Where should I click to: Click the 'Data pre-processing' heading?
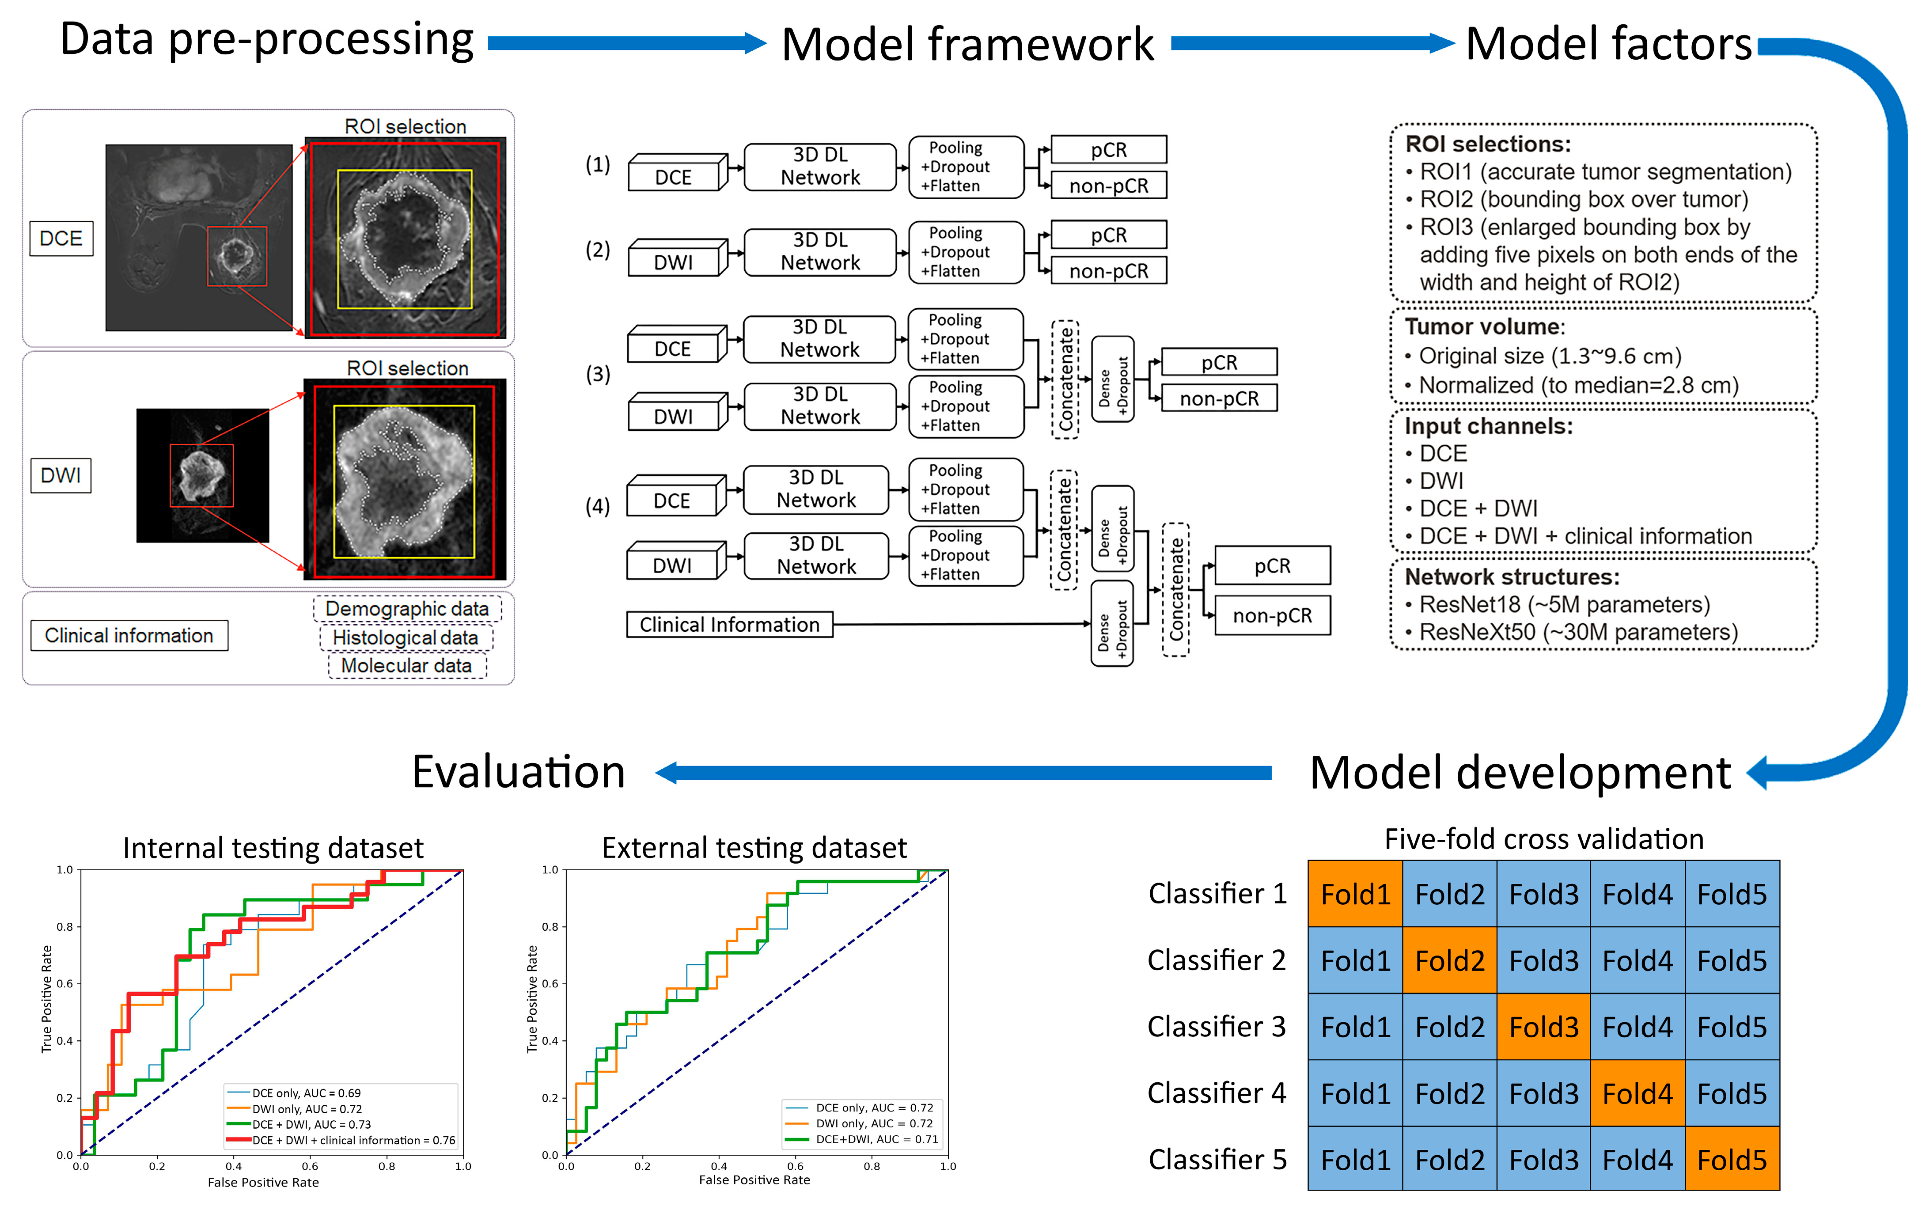[x=267, y=40]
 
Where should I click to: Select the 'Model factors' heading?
[x=1608, y=44]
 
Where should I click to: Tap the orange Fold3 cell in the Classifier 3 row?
[x=1543, y=1027]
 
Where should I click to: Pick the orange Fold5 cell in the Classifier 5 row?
[x=1732, y=1160]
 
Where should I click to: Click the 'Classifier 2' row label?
[x=1216, y=961]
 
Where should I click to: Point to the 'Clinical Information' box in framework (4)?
[x=729, y=625]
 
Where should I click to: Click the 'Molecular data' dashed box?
[x=406, y=666]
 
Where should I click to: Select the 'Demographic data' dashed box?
[x=407, y=609]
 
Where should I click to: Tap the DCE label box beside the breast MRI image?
[x=61, y=238]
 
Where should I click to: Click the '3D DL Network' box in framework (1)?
[x=819, y=167]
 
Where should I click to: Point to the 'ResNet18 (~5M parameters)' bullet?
[x=1564, y=605]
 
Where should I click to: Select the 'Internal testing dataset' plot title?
[x=273, y=848]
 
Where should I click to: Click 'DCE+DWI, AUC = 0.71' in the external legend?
[x=876, y=1139]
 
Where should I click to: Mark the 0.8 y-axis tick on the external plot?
[x=550, y=926]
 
